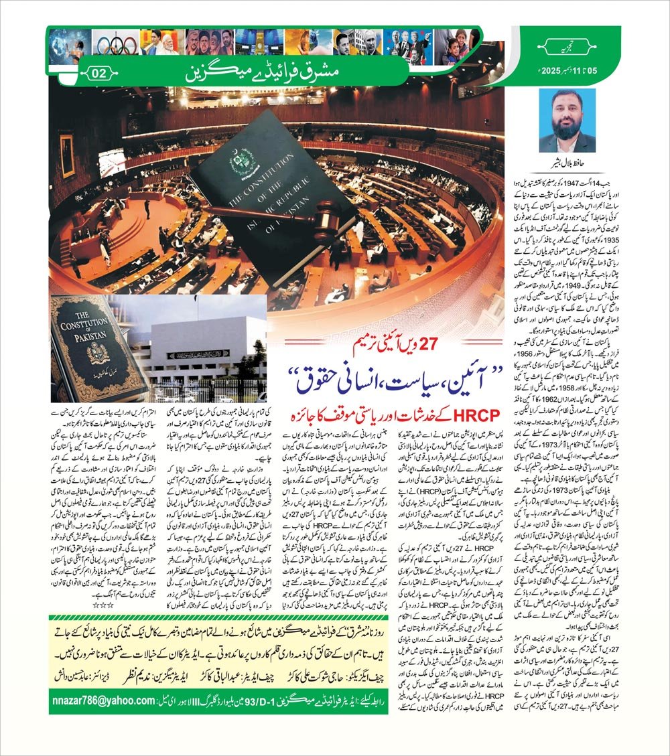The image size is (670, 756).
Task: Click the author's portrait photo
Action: point(567,121)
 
